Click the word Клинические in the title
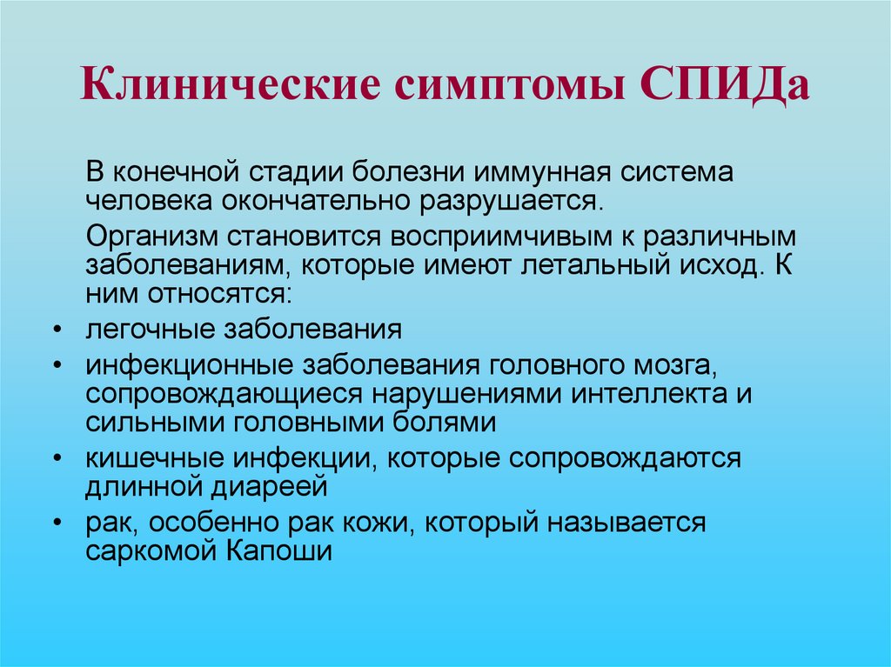231,83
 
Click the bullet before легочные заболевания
57,330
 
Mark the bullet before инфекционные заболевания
57,365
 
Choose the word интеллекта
648,394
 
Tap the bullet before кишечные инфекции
57,458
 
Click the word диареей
271,488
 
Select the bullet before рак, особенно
57,522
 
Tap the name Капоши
279,550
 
